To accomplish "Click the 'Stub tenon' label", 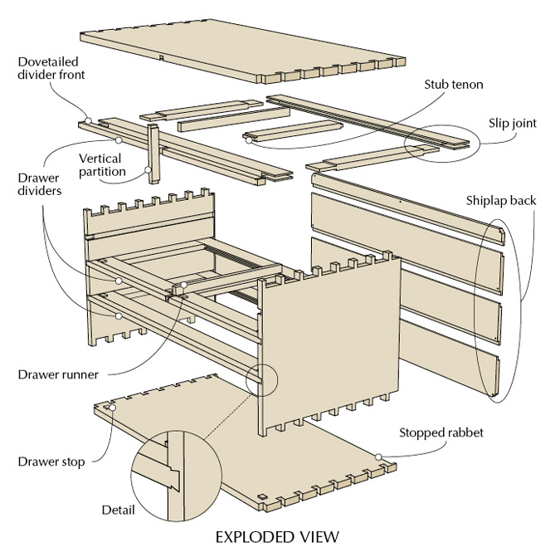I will click(453, 84).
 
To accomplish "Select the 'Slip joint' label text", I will click(513, 124).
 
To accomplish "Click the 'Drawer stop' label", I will click(51, 461).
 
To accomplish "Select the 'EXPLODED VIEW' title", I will click(277, 536).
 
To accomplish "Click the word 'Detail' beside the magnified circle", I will click(118, 509).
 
